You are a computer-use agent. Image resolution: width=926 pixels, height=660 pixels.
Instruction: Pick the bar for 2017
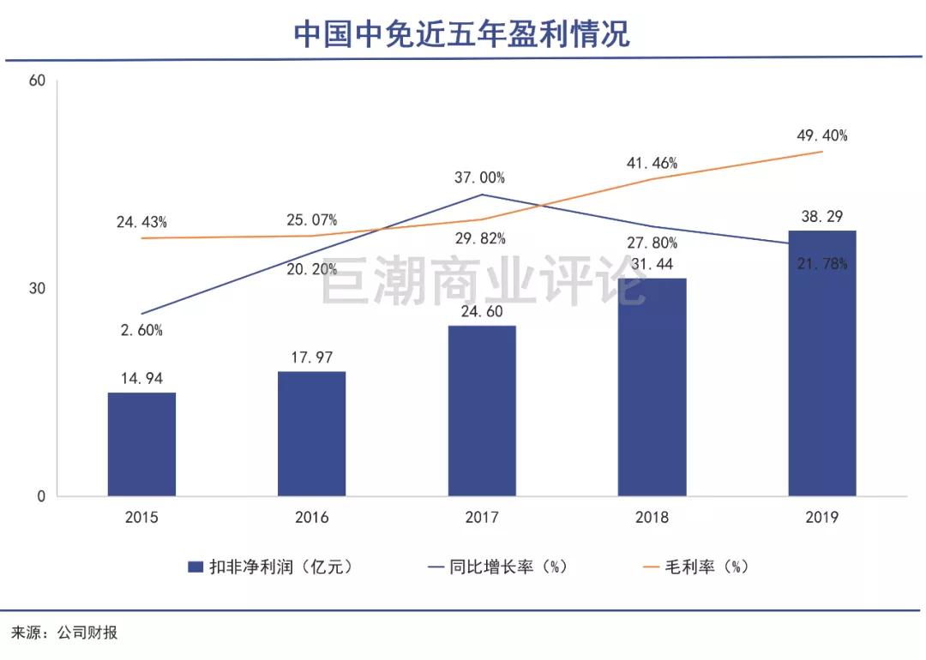click(x=482, y=411)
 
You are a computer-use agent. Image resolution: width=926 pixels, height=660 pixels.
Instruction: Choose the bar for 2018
click(x=652, y=387)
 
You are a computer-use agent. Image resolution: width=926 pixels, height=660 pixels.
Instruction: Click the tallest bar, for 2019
click(x=821, y=363)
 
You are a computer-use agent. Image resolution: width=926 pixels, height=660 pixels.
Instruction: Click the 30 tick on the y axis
click(x=36, y=289)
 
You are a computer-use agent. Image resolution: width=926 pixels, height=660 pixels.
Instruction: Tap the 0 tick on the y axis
click(x=39, y=496)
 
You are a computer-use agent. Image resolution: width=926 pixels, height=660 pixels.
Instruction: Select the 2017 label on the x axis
click(x=482, y=518)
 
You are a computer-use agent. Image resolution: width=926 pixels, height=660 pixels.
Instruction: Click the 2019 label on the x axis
click(x=821, y=518)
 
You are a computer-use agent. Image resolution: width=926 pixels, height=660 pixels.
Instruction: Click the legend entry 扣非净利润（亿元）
click(x=270, y=567)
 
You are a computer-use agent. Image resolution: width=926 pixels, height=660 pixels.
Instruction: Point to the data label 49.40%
click(x=821, y=135)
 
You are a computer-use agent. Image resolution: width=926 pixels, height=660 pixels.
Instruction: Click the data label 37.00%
click(x=479, y=178)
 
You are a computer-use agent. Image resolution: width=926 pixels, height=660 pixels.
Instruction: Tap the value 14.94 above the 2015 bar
click(x=141, y=378)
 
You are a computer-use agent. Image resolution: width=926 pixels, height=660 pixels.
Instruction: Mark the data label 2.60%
click(x=141, y=330)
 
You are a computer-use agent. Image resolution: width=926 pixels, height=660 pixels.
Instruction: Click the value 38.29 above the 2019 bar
click(x=821, y=218)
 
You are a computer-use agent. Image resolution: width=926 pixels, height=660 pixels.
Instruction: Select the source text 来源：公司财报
click(x=64, y=633)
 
